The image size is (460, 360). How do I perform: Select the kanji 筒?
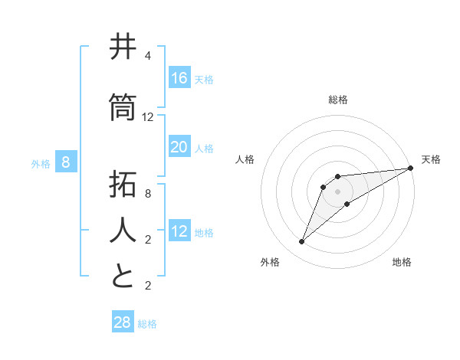pos(123,107)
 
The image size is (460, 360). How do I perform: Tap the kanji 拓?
pos(123,185)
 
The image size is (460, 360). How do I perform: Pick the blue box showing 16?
pos(179,77)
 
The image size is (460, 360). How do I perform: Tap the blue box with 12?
pos(179,231)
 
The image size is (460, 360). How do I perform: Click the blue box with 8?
pos(66,162)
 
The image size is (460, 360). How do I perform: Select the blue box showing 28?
pos(123,322)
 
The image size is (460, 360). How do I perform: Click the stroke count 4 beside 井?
pos(147,56)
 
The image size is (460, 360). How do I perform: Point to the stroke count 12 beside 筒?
pos(148,116)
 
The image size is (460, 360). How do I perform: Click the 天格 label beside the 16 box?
pos(203,79)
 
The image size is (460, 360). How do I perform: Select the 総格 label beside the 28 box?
pos(147,324)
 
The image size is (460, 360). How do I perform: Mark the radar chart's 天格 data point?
pos(410,168)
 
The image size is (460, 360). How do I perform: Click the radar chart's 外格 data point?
pos(302,242)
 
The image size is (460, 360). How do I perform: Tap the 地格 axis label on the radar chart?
pos(402,262)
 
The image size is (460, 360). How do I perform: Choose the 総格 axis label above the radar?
pos(337,100)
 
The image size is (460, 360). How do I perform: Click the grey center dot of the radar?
pos(337,191)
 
